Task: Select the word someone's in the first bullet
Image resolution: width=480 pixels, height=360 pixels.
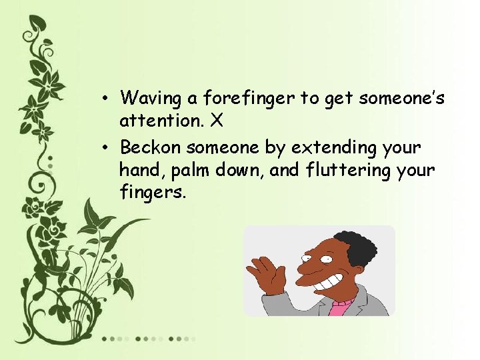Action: click(x=401, y=99)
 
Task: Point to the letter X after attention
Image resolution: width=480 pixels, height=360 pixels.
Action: click(x=216, y=121)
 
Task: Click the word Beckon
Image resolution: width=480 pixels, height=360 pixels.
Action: click(x=150, y=146)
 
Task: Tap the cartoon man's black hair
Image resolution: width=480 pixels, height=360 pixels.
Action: click(x=353, y=248)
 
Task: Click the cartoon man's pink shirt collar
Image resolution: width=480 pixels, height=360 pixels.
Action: click(x=342, y=307)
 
